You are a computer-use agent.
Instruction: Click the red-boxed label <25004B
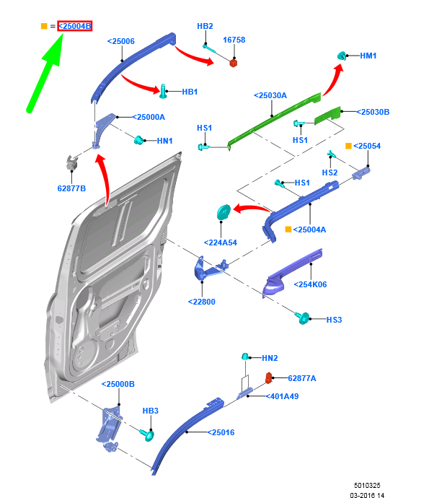(x=75, y=26)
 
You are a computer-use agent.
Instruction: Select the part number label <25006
(x=121, y=41)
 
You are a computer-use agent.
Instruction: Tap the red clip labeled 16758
(x=234, y=63)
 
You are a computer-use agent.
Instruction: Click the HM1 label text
(x=368, y=56)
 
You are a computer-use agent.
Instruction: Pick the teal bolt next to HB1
(x=163, y=91)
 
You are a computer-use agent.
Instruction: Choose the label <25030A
(x=270, y=95)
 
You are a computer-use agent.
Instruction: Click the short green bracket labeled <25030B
(x=327, y=115)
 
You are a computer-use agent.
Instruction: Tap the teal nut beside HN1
(x=138, y=140)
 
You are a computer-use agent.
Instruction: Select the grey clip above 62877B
(x=72, y=162)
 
